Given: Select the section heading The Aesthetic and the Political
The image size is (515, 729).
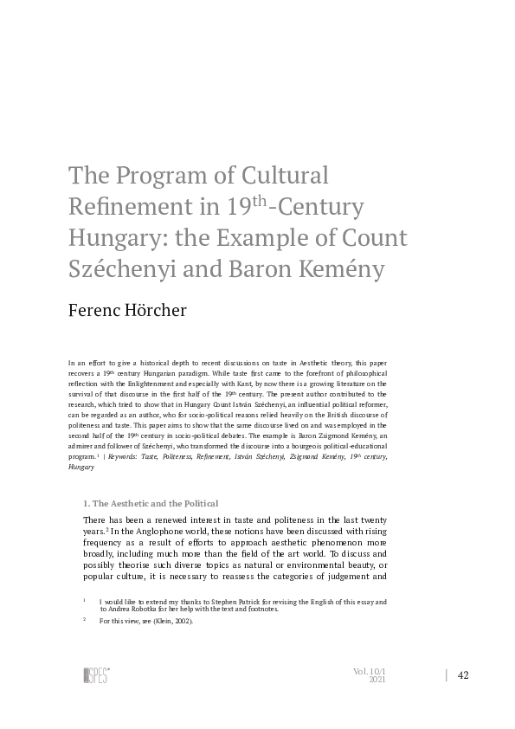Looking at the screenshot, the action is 150,503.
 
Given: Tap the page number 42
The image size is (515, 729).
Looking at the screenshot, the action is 463,675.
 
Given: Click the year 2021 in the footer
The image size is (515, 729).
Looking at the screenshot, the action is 377,681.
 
